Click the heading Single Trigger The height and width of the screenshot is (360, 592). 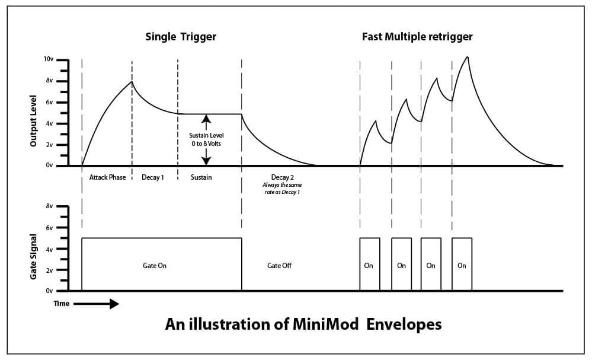181,37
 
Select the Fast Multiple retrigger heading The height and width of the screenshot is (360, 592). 417,37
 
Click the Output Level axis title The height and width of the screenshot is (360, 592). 34,120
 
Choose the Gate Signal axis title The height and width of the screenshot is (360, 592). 34,257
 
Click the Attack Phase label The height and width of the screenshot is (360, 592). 107,177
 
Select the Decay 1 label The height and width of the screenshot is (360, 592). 153,177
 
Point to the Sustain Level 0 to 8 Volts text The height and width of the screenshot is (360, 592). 206,139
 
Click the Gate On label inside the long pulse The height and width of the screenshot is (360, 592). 154,266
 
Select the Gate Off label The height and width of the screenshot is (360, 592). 279,266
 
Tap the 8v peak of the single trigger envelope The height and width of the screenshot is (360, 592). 132,82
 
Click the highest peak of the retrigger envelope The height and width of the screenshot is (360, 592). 468,57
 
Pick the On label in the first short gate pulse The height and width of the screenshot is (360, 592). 369,266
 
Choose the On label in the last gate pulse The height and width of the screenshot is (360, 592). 462,266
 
